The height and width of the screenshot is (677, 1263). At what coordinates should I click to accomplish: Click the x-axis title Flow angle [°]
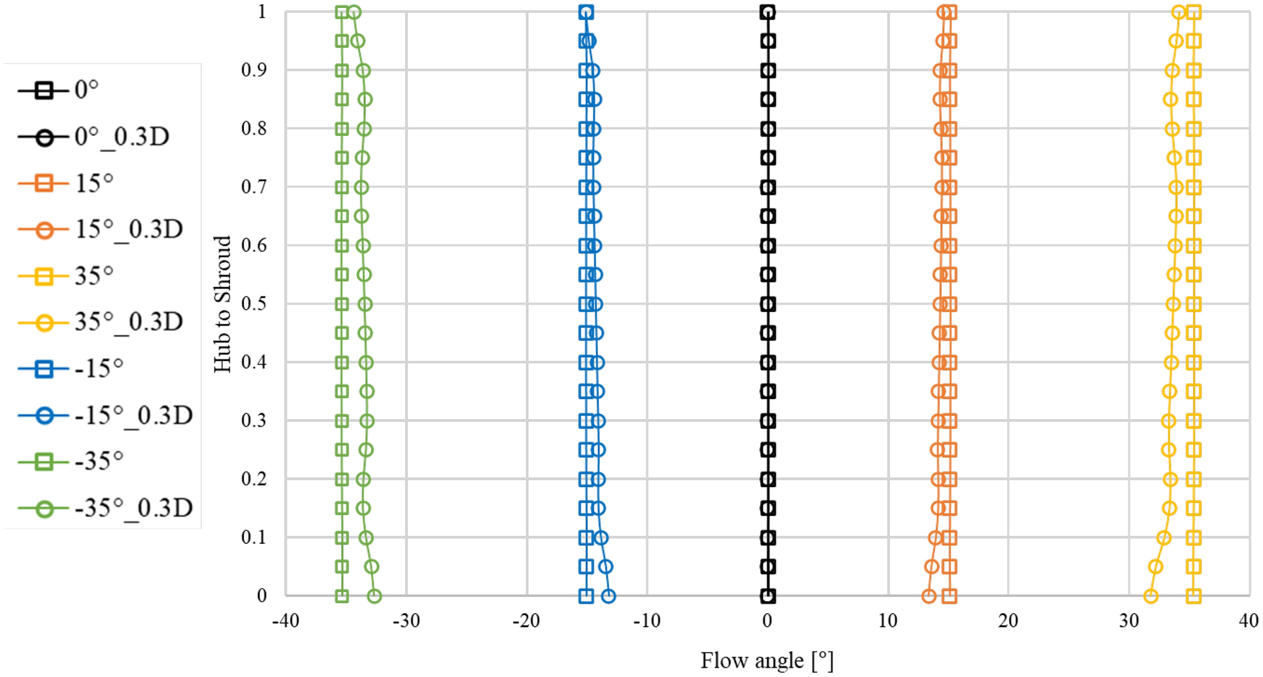coord(766,660)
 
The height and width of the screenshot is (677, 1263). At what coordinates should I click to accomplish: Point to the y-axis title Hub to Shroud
coord(222,304)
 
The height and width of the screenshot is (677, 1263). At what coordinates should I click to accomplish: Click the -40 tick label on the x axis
coord(286,621)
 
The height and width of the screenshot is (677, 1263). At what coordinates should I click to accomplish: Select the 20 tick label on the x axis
coord(1008,621)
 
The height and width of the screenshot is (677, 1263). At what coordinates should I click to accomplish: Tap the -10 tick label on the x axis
coord(646,621)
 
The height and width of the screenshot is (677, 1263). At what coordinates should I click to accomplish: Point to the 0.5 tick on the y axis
coord(254,304)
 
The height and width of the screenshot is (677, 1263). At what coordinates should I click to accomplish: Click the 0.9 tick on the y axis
coord(254,70)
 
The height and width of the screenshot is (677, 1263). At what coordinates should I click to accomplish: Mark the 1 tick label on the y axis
coord(262,12)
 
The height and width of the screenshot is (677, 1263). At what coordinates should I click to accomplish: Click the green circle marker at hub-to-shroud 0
coord(375,596)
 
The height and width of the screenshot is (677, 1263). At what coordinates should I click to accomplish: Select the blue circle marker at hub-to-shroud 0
coord(609,596)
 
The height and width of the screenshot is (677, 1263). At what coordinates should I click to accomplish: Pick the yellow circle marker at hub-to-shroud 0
coord(1150,596)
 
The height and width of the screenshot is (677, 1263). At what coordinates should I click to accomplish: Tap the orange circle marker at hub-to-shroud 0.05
coord(932,567)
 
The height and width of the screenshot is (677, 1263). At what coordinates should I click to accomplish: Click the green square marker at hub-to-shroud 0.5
coord(342,304)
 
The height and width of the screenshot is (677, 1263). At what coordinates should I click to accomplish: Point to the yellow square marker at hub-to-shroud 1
coord(1194,12)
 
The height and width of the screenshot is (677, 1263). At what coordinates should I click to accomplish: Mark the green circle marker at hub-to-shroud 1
coord(354,12)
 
